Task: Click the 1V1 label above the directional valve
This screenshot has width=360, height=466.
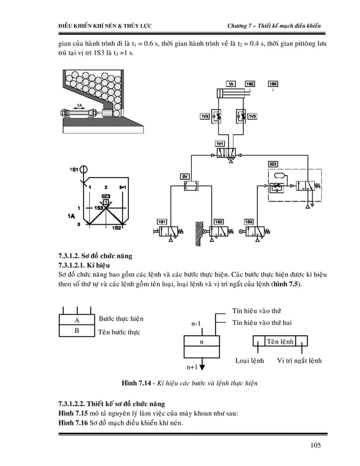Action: click(220, 144)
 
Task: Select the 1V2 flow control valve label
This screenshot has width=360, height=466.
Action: click(204, 116)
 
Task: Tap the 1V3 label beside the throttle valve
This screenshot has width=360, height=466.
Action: click(252, 116)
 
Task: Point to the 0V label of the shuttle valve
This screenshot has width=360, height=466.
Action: click(184, 177)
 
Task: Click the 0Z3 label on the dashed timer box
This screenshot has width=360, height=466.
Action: click(272, 164)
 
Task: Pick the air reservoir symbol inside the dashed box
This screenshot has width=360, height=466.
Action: click(278, 175)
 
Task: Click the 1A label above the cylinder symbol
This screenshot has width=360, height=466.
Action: click(231, 83)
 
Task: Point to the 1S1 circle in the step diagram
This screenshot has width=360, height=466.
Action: click(84, 169)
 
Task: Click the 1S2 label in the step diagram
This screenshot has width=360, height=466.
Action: click(117, 227)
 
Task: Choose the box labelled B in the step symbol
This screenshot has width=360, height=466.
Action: click(76, 331)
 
